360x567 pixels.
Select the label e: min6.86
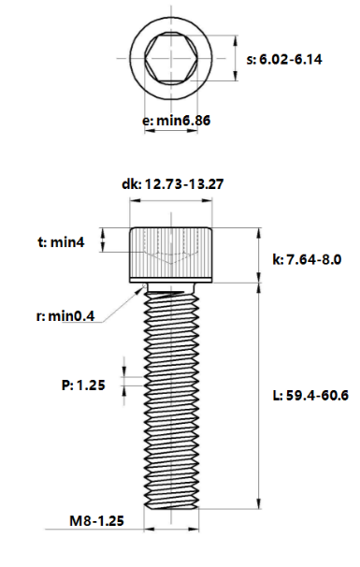click(x=174, y=121)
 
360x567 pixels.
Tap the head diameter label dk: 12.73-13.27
click(x=172, y=184)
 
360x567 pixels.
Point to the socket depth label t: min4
click(x=62, y=242)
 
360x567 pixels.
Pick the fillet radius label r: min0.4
click(x=65, y=316)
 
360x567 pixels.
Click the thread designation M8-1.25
click(x=96, y=520)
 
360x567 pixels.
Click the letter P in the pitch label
click(x=62, y=384)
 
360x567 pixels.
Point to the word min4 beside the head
click(x=69, y=242)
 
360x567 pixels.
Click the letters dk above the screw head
click(x=129, y=184)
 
